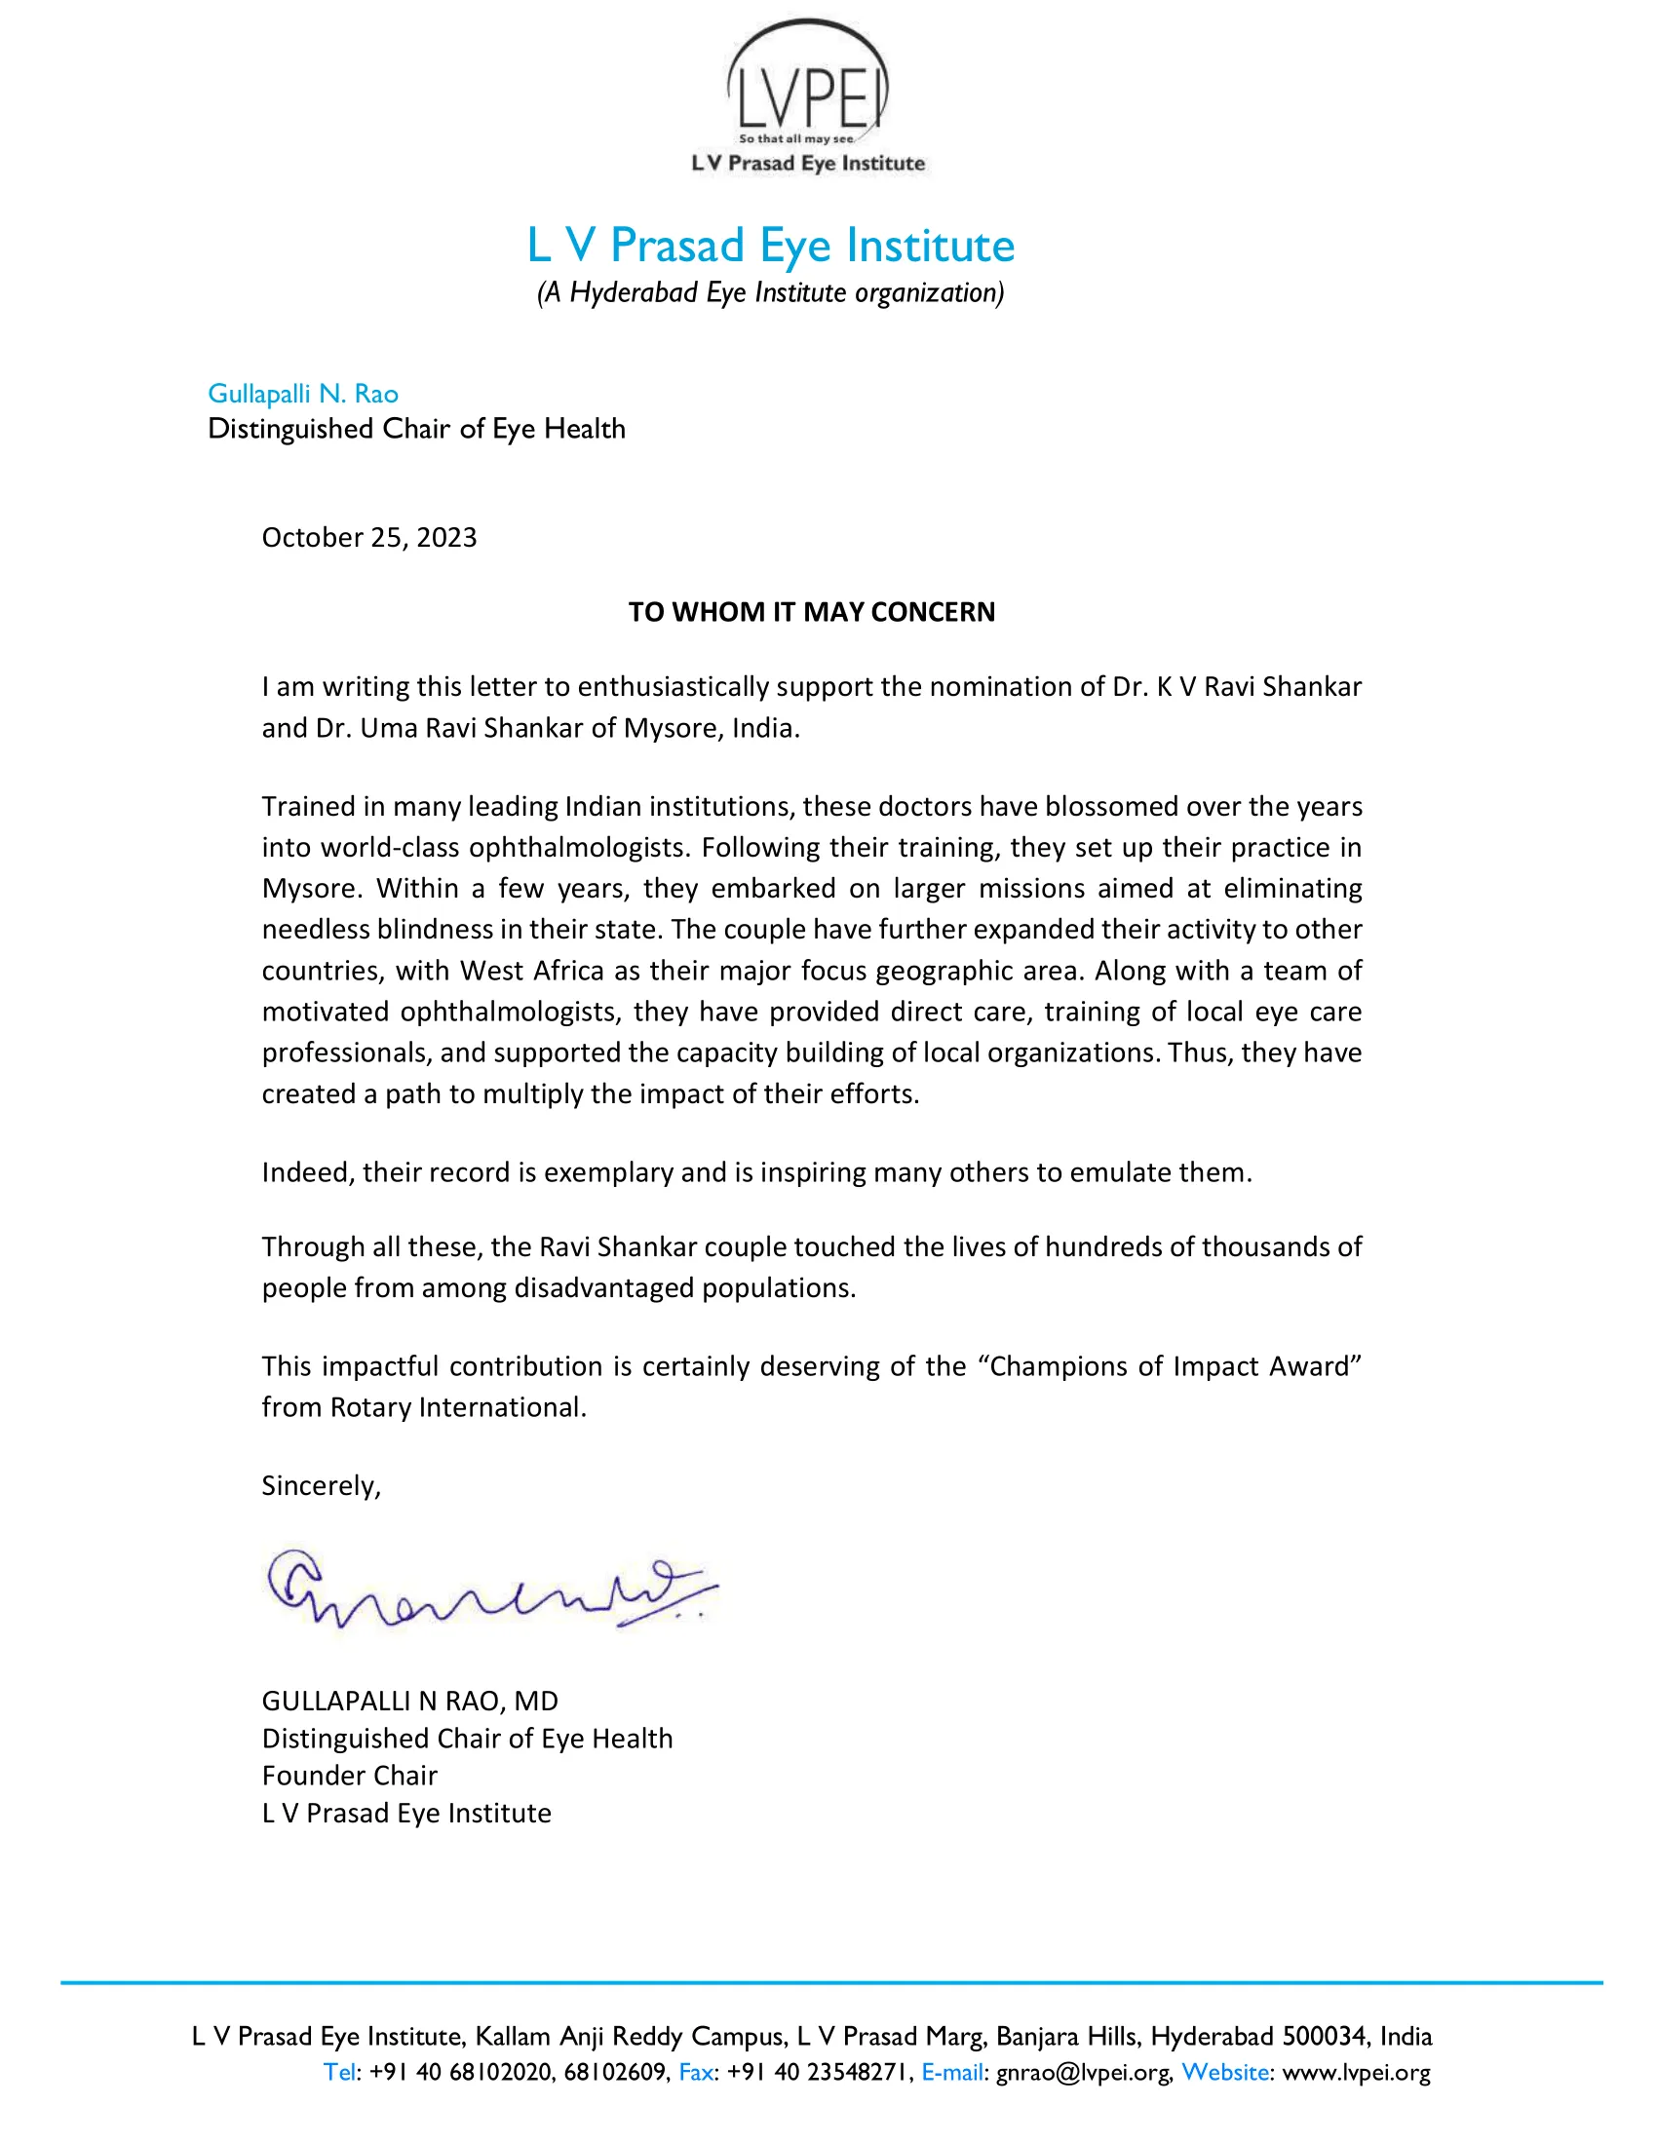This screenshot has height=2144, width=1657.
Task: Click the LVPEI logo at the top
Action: [x=807, y=96]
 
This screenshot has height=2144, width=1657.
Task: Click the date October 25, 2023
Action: [x=369, y=538]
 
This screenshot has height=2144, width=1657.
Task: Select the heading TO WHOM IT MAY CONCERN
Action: [x=811, y=613]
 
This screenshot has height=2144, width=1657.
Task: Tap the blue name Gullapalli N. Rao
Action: [x=302, y=394]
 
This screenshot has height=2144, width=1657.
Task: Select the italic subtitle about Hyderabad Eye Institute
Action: [x=771, y=292]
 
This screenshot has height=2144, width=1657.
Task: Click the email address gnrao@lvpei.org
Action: [x=1083, y=2072]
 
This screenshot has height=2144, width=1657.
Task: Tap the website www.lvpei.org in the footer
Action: [x=1356, y=2072]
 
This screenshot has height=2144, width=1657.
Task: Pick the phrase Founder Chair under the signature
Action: [x=350, y=1776]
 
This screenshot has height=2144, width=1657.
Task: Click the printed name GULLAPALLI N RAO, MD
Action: [x=409, y=1702]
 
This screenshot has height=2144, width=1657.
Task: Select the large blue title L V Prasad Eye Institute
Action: [x=771, y=246]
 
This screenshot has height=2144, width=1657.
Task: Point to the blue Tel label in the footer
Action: [x=339, y=2072]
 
